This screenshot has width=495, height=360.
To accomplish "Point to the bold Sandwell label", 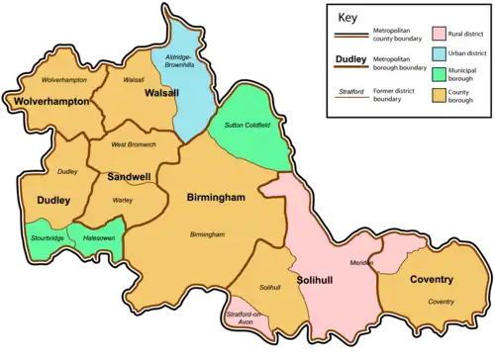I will [129, 177].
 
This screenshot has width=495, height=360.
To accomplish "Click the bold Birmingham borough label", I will [216, 198].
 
